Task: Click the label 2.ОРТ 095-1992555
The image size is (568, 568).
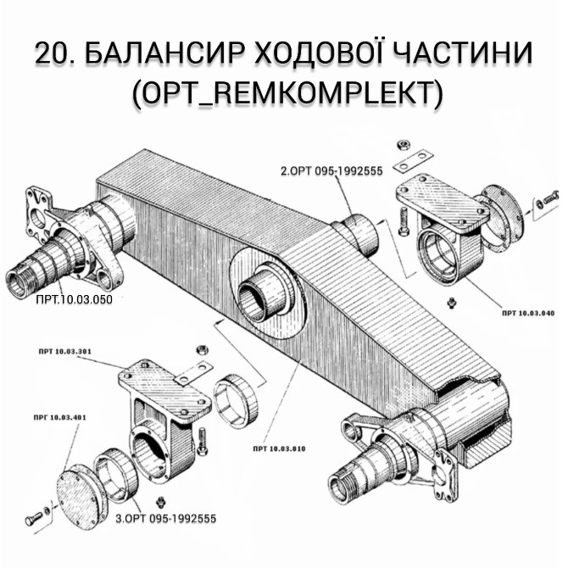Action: coord(331,170)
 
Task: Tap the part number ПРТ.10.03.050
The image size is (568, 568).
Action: coord(74,299)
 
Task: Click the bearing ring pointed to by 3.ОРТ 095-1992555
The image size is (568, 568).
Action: coord(114,480)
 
